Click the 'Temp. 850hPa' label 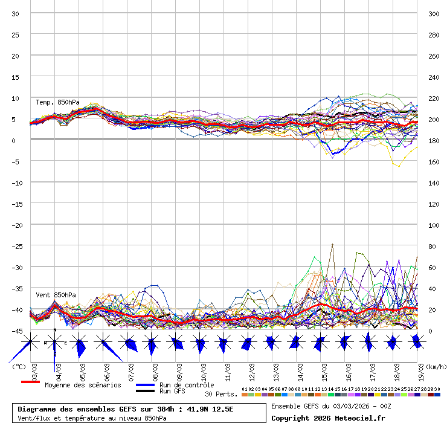pos(57,102)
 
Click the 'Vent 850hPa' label pos(56,295)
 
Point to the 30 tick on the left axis pos(16,14)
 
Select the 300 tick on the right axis pos(434,14)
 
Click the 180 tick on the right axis pos(434,141)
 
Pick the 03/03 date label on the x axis pos(34,369)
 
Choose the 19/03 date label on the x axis pos(420,369)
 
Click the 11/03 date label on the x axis pos(228,369)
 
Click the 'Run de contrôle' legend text pos(187,385)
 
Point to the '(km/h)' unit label pos(435,366)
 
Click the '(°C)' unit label pos(19,366)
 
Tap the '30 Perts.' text pos(221,394)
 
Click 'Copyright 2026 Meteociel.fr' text pos(328,418)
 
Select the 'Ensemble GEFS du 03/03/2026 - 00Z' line pos(331,406)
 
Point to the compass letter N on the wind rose pos(55,330)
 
